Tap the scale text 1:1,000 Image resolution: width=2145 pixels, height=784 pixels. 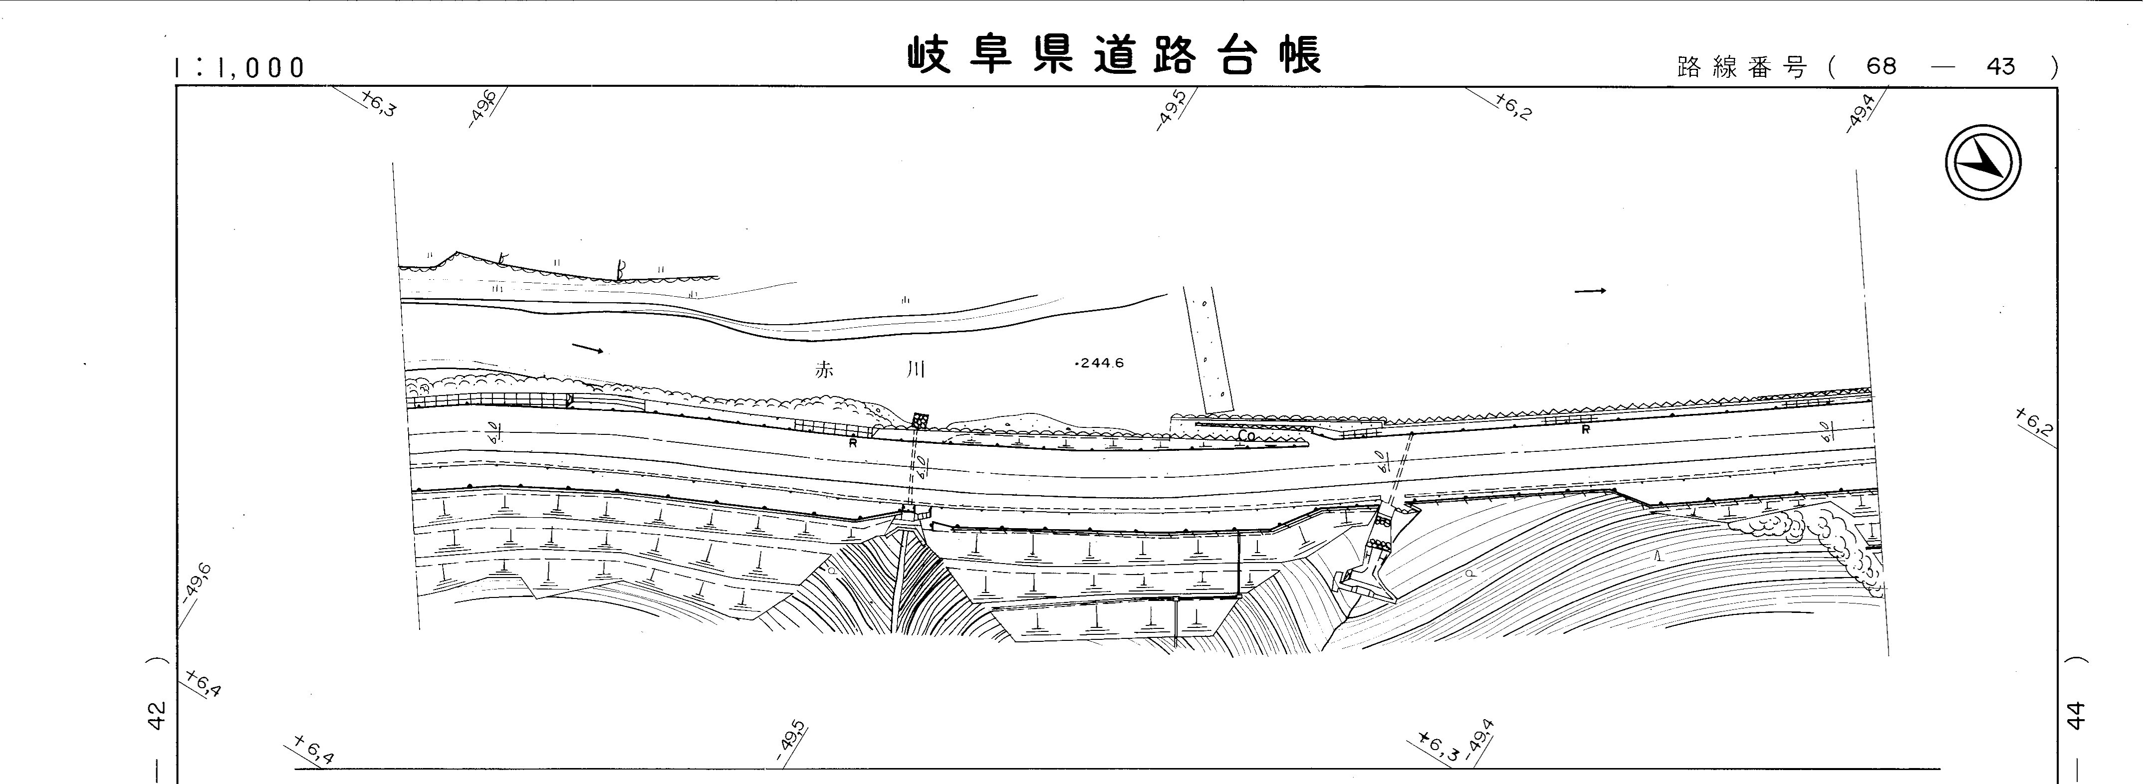coord(240,67)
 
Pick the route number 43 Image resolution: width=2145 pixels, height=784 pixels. coord(2000,66)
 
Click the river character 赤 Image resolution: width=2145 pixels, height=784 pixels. coord(824,371)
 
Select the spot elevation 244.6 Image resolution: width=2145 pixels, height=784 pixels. coord(1101,363)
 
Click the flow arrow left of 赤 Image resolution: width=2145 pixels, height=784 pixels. coord(588,348)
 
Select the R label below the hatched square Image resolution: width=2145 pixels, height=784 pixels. coord(853,443)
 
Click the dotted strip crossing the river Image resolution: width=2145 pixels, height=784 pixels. coord(1208,350)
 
